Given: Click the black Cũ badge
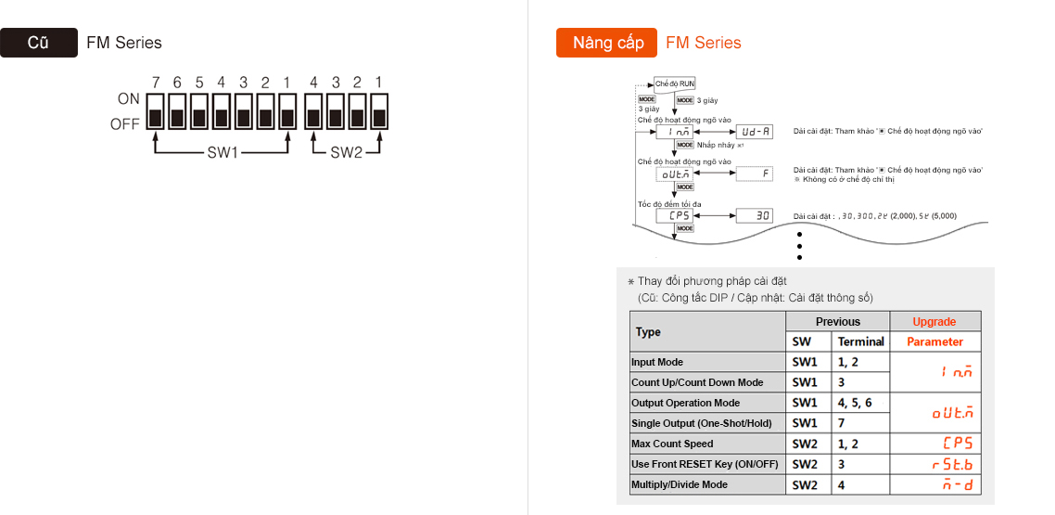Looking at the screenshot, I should point(38,43).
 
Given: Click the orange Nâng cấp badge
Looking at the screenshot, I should point(606,43).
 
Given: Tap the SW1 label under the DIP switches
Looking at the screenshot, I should point(222,152).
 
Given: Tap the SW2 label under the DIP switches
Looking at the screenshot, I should point(346,152).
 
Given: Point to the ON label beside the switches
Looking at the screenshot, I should point(129,98).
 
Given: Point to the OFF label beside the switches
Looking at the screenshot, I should point(125,123).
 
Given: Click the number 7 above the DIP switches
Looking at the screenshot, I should point(156,82).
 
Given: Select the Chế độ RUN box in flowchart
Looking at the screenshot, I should point(674,84).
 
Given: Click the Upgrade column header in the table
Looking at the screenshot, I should point(934,321).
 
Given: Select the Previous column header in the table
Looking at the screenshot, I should point(837,321).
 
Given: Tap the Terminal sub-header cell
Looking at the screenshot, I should point(860,341).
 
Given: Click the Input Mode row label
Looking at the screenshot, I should point(657,362).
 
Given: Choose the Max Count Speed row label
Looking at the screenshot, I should point(672,444).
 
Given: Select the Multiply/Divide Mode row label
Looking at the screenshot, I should point(680,484).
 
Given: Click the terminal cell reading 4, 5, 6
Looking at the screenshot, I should point(855,403).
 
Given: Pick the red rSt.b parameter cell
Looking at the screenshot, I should point(934,464).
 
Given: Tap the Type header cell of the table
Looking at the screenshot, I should point(648,331).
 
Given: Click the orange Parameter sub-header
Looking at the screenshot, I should point(934,341).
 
